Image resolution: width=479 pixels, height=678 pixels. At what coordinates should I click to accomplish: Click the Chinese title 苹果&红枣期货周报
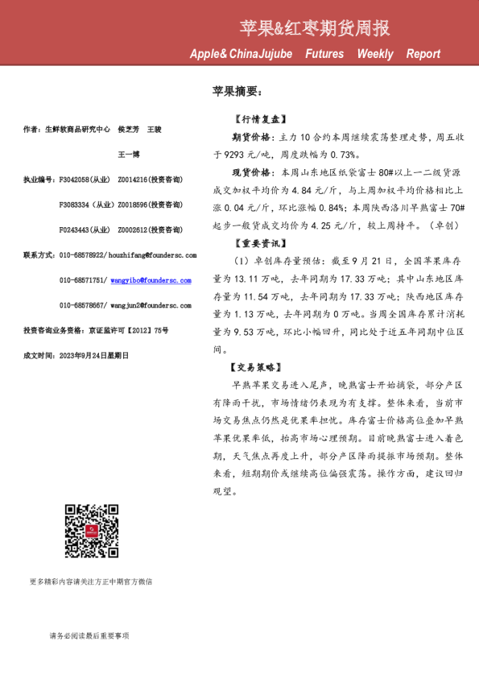pos(315,29)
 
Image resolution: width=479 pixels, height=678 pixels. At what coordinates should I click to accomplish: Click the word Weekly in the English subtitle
pos(375,54)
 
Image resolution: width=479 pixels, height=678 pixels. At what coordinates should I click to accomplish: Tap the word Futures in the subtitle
pos(324,54)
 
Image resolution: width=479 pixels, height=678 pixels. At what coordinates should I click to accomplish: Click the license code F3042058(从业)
pos(85,179)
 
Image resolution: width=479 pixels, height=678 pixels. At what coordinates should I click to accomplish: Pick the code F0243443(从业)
pos(85,229)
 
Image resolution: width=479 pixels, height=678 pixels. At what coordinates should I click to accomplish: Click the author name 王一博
pos(129,154)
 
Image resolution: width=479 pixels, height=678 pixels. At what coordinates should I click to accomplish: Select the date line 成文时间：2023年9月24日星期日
pos(76,355)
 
